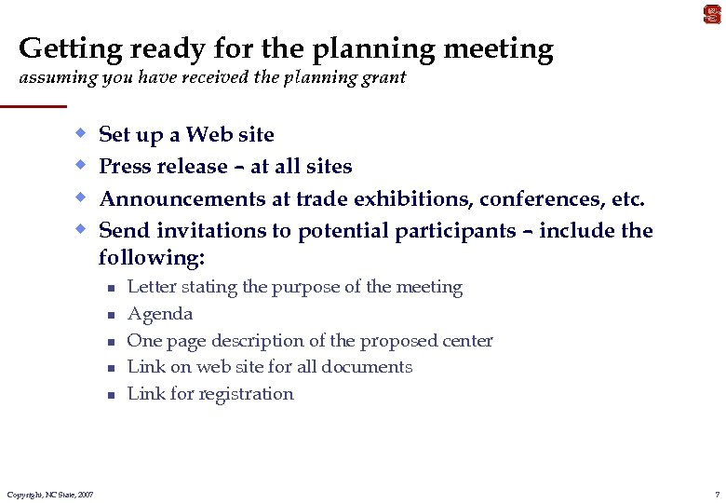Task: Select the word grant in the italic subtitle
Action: coord(383,78)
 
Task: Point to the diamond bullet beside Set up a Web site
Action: coord(82,132)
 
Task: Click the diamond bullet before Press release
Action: coord(82,165)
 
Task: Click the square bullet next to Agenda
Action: coord(109,315)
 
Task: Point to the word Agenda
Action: coord(160,315)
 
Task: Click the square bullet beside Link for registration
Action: coord(109,395)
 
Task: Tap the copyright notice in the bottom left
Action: coord(49,494)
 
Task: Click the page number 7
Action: coord(717,494)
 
